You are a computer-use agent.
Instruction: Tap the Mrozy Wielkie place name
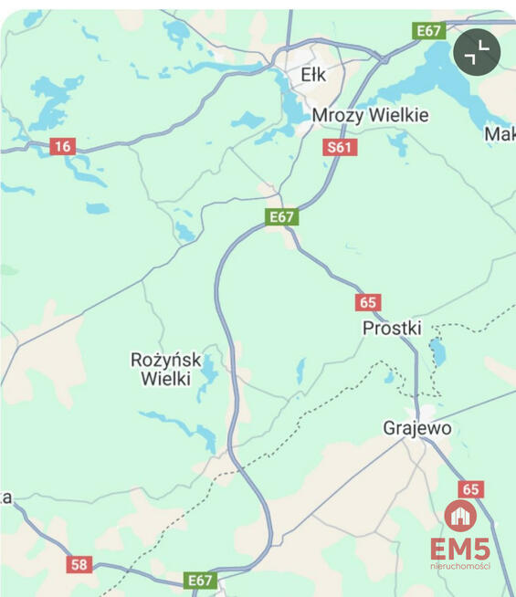pyautogui.click(x=370, y=116)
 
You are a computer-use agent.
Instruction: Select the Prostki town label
pyautogui.click(x=393, y=327)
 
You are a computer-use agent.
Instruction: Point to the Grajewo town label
pyautogui.click(x=417, y=427)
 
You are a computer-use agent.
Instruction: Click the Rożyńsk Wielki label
pyautogui.click(x=166, y=369)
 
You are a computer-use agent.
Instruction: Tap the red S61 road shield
pyautogui.click(x=339, y=147)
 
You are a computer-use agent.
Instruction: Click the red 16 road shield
pyautogui.click(x=62, y=146)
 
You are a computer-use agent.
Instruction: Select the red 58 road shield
pyautogui.click(x=79, y=564)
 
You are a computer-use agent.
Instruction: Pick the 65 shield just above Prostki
pyautogui.click(x=368, y=303)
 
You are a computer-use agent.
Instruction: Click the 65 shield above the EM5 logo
pyautogui.click(x=470, y=489)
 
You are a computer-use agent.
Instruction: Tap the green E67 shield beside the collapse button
pyautogui.click(x=429, y=31)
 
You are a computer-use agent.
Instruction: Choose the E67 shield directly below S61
pyautogui.click(x=282, y=216)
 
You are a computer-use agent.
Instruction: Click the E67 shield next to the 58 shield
pyautogui.click(x=200, y=580)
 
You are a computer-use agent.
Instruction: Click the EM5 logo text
pyautogui.click(x=460, y=549)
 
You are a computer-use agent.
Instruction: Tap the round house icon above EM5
pyautogui.click(x=460, y=516)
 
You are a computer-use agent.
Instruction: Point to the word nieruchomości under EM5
pyautogui.click(x=460, y=566)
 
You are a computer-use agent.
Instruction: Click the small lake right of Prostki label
pyautogui.click(x=437, y=351)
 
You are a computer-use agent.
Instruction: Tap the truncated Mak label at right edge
pyautogui.click(x=500, y=135)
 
